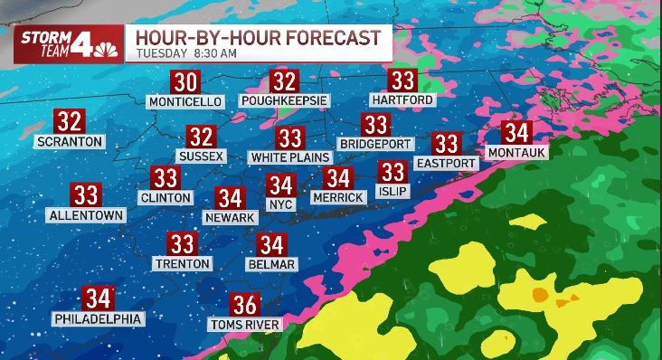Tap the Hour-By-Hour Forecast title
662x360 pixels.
coord(257,37)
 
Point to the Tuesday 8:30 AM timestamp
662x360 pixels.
coord(181,53)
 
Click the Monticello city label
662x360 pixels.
coord(184,101)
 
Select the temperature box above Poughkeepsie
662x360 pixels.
coord(285,81)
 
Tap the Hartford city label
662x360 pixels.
coord(402,99)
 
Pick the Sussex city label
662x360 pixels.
coord(201,156)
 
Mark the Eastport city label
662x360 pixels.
coord(445,163)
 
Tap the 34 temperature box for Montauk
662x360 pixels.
coord(516,132)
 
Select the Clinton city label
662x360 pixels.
coord(165,197)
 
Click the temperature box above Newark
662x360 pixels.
coord(231,198)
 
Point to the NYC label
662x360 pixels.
coord(281,205)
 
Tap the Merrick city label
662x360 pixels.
coord(337,197)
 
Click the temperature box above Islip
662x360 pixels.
coord(392,172)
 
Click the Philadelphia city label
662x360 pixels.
coord(98,318)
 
